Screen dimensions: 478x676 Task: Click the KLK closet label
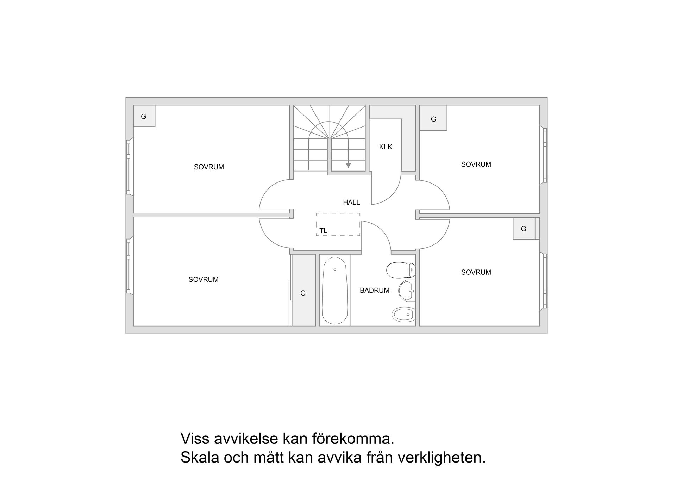(386, 147)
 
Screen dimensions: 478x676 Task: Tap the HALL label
(351, 202)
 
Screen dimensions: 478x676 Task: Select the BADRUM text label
(374, 291)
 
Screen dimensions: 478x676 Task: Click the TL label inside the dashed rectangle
(323, 231)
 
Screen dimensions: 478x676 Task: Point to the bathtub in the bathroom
(334, 291)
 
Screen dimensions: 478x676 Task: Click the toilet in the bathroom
(401, 270)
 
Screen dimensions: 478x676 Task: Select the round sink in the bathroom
(407, 291)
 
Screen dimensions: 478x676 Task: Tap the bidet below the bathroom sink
(403, 314)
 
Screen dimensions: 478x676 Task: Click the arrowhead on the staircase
(348, 165)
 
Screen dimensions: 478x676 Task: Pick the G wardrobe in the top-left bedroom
(144, 116)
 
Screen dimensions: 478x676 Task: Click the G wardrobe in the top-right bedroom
(433, 119)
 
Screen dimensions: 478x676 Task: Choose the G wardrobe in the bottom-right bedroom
(524, 229)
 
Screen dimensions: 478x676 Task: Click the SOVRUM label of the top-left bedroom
(209, 167)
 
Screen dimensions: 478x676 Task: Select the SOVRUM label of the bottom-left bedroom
(204, 279)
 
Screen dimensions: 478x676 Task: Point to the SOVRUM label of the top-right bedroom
(476, 164)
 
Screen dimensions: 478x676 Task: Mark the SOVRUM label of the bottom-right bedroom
(476, 272)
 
